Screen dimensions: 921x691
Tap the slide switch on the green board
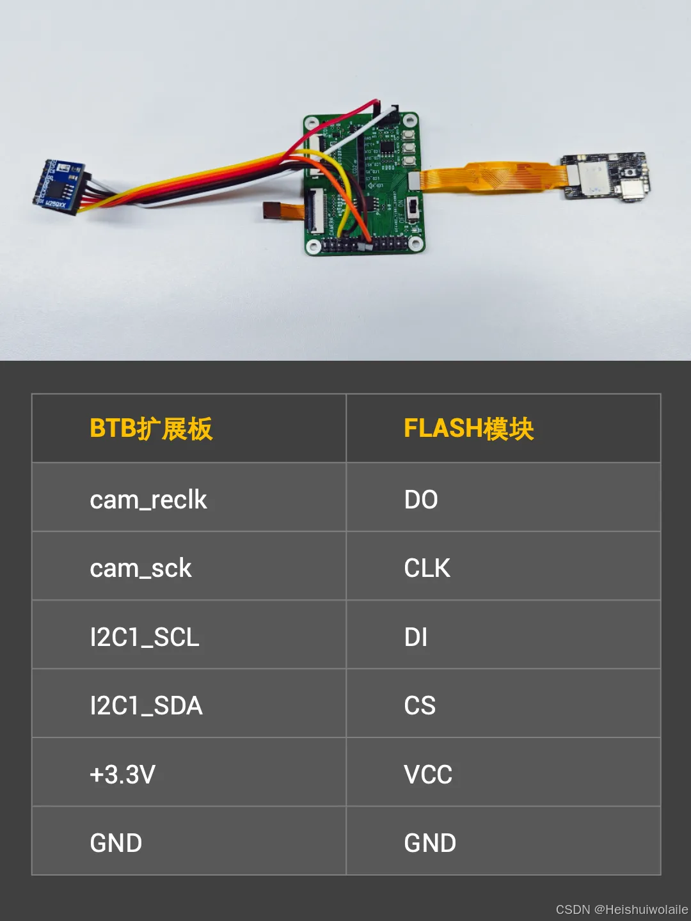414,208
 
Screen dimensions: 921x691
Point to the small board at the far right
605,175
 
